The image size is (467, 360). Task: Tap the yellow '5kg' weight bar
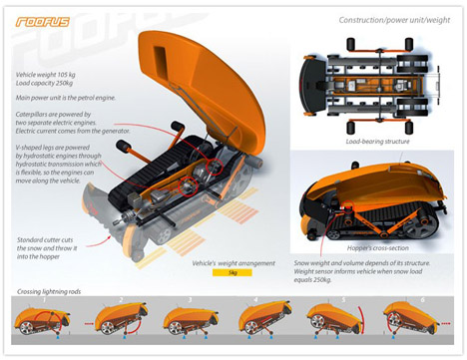coord(232,272)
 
